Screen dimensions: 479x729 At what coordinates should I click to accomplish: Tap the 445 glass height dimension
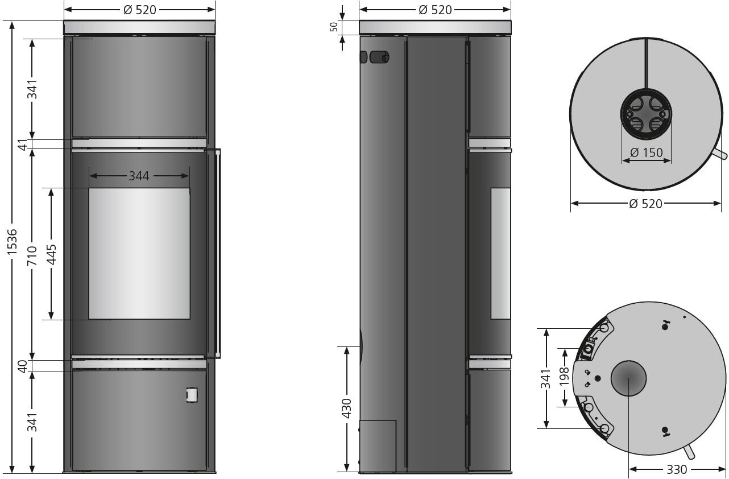pyautogui.click(x=51, y=254)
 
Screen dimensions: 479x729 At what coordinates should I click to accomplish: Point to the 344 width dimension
pyautogui.click(x=139, y=176)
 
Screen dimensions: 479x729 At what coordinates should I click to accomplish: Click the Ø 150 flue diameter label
pyautogui.click(x=647, y=153)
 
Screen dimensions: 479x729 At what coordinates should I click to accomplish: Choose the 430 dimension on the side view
pyautogui.click(x=346, y=409)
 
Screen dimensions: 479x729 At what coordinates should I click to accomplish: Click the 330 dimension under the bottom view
pyautogui.click(x=676, y=470)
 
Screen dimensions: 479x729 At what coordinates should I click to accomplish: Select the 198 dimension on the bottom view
pyautogui.click(x=564, y=377)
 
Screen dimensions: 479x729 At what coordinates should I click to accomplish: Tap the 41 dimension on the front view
pyautogui.click(x=23, y=144)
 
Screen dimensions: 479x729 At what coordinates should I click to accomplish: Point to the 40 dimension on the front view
pyautogui.click(x=23, y=366)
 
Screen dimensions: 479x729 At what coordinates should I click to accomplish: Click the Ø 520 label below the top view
pyautogui.click(x=645, y=204)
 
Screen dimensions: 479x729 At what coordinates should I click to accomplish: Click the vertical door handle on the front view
pyautogui.click(x=217, y=253)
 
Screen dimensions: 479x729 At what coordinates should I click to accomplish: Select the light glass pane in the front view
pyautogui.click(x=139, y=253)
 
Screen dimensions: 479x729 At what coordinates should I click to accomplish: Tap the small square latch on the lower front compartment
pyautogui.click(x=192, y=394)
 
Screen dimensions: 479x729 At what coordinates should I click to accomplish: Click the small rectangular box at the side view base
pyautogui.click(x=378, y=445)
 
